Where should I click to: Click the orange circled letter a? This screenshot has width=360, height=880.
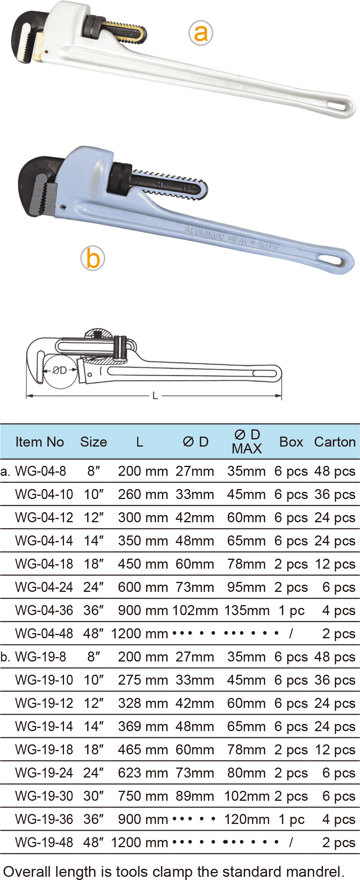(x=201, y=33)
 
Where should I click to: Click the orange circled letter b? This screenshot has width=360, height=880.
(x=93, y=259)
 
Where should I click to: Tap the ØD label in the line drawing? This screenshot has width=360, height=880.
(x=60, y=370)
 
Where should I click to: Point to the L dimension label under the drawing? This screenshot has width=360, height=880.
(x=155, y=396)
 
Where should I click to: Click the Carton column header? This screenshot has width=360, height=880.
(x=335, y=442)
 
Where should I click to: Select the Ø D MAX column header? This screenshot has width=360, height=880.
(x=247, y=441)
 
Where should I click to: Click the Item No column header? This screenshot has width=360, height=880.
(x=40, y=442)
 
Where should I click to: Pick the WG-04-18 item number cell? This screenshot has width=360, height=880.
(x=44, y=564)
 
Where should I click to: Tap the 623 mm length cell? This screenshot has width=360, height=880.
(x=143, y=773)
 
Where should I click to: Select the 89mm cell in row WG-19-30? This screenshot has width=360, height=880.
(x=195, y=796)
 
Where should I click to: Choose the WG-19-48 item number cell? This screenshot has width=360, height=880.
(x=44, y=842)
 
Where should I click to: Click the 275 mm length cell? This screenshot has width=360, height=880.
(x=143, y=680)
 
